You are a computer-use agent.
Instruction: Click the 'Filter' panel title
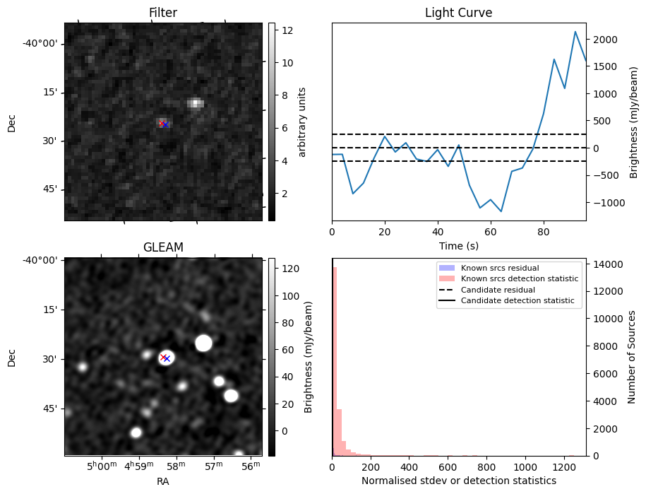(163, 13)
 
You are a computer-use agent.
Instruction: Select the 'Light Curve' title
(458, 13)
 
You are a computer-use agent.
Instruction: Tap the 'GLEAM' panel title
(163, 247)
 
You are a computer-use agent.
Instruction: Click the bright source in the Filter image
(196, 103)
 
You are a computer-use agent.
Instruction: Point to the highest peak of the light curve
(575, 32)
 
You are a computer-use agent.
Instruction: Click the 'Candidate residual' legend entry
(498, 290)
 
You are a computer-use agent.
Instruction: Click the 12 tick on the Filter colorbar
(280, 30)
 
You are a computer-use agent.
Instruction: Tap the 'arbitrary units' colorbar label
(302, 122)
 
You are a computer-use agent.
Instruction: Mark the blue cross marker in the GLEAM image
(167, 359)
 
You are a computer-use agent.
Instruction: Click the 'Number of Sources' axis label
(633, 357)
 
